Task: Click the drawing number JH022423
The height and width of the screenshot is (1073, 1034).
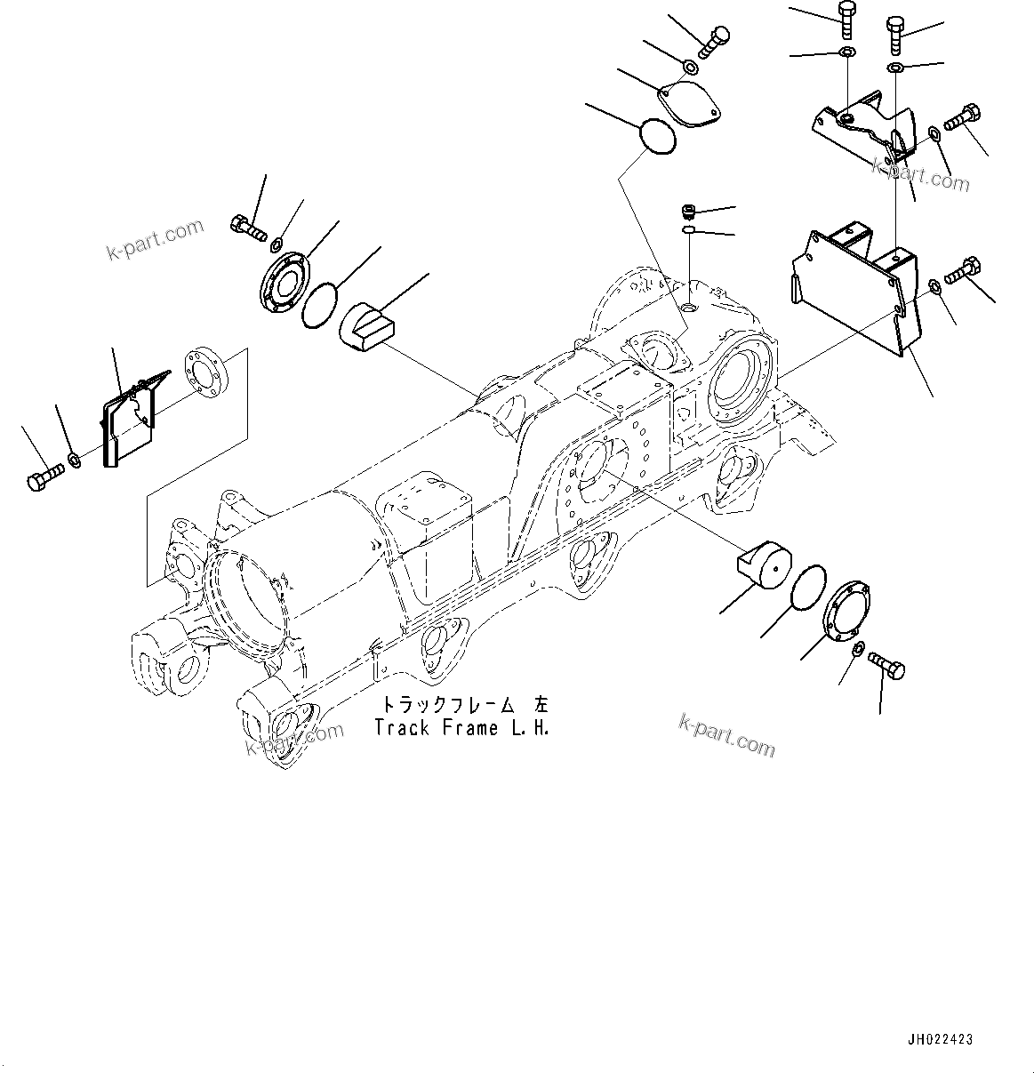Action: pyautogui.click(x=940, y=1038)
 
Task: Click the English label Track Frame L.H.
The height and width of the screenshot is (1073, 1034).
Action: pyautogui.click(x=461, y=728)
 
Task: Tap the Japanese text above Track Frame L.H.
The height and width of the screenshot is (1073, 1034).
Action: pyautogui.click(x=465, y=705)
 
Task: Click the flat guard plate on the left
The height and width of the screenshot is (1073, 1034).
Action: pyautogui.click(x=130, y=418)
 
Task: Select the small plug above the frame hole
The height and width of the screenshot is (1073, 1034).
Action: pyautogui.click(x=686, y=212)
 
